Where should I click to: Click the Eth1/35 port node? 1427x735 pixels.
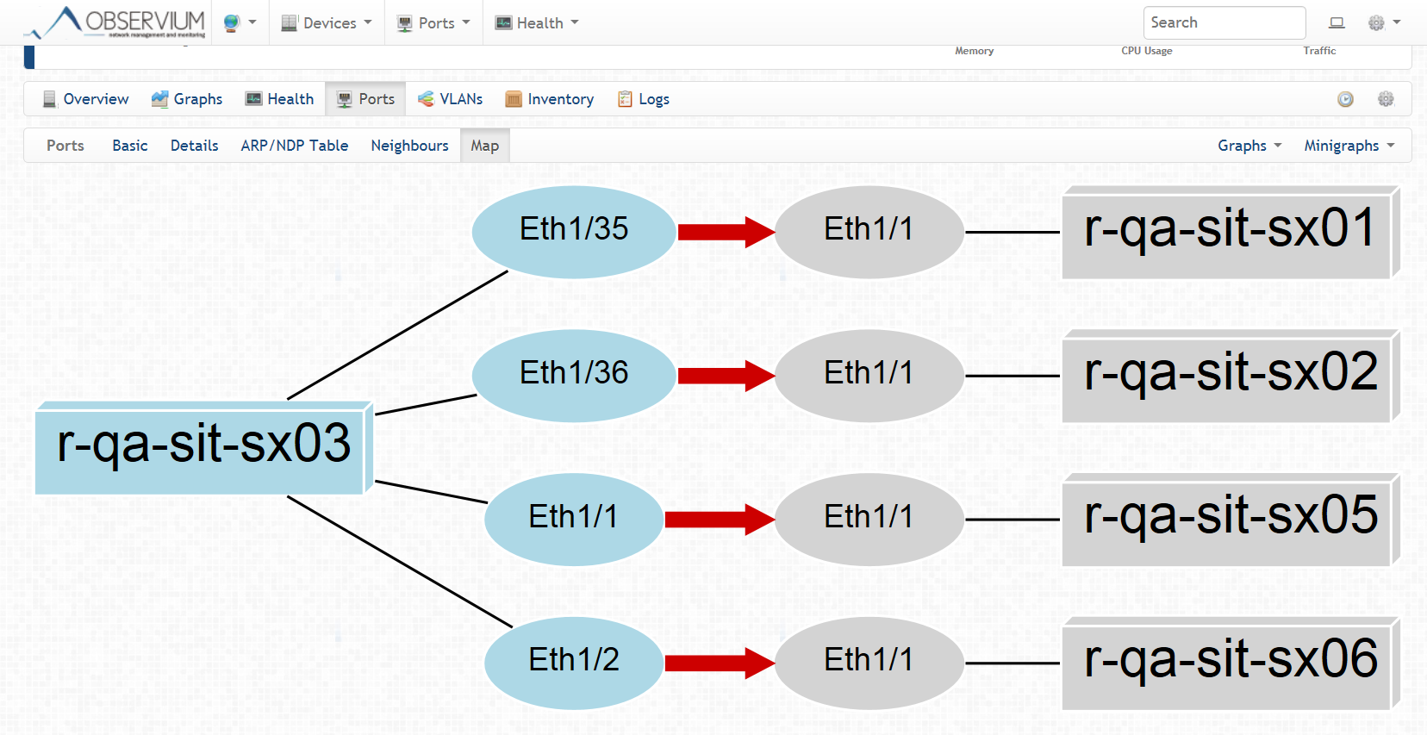574,231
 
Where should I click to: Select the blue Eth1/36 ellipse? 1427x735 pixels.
574,375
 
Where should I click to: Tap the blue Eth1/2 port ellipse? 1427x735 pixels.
574,662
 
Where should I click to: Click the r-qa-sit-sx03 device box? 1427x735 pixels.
203,446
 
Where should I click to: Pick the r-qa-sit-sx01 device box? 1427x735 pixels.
1229,232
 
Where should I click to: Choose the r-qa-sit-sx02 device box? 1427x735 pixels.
1229,376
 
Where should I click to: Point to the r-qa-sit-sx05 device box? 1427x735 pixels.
1229,520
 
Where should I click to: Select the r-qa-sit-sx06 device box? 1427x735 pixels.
1229,663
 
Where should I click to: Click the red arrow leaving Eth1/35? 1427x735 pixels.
726,231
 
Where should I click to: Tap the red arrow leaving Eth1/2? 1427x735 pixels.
720,663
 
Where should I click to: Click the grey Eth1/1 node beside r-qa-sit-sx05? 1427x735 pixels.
869,519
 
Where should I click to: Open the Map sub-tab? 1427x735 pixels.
484,146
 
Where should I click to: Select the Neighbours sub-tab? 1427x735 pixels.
409,146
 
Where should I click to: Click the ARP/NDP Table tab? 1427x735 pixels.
294,146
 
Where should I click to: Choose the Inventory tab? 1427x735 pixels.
550,99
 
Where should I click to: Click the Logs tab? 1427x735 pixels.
644,99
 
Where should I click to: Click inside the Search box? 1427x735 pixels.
1224,22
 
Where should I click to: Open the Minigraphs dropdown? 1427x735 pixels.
1349,146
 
